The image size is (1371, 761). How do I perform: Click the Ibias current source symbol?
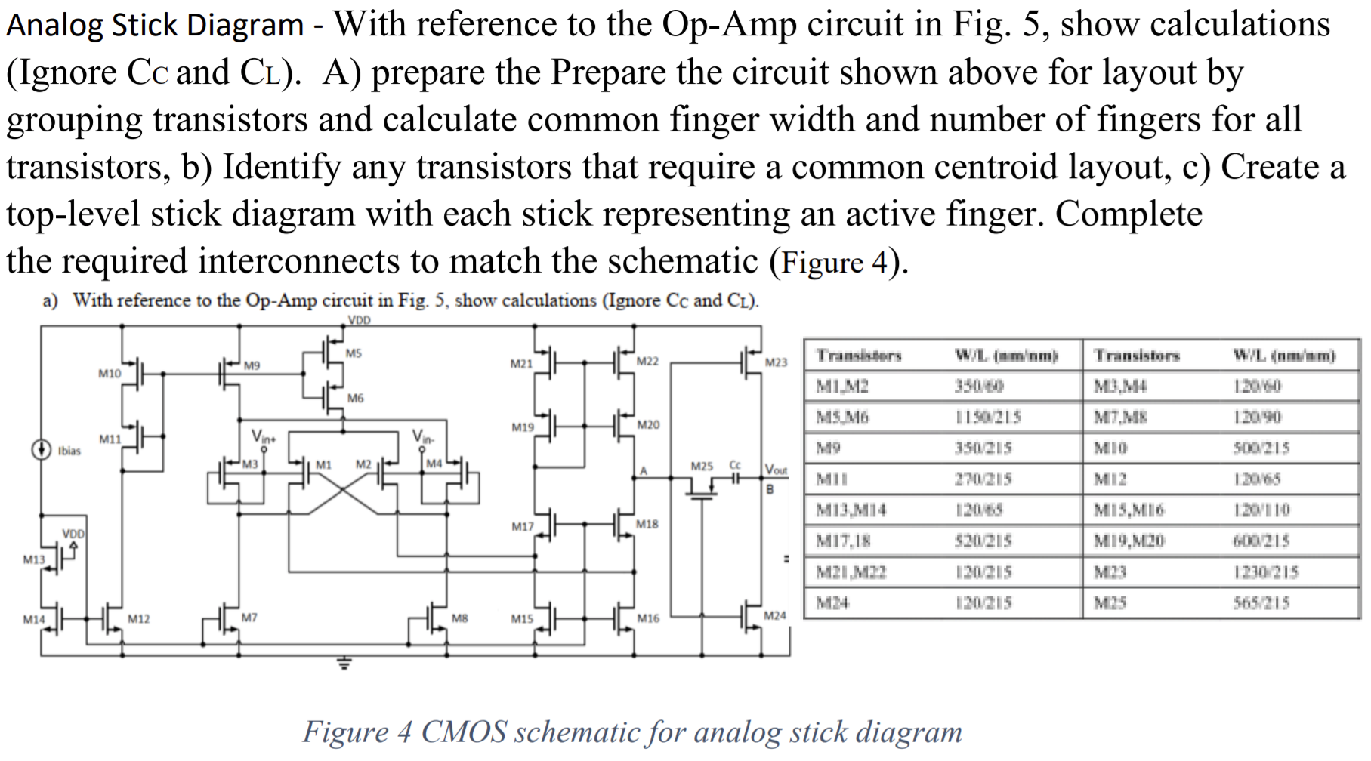(41, 450)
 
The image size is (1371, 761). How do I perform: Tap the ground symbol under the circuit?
(344, 664)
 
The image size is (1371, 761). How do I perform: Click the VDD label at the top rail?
(359, 320)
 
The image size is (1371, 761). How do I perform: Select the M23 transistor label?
(776, 362)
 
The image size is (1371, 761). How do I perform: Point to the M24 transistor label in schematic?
(774, 615)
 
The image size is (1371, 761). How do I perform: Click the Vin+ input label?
(264, 436)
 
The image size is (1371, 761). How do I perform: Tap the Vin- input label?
(423, 436)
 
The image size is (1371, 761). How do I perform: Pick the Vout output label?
(776, 470)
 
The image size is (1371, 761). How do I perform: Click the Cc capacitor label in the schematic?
(735, 465)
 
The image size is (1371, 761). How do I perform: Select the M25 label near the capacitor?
(702, 466)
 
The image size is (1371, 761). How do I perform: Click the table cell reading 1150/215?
(987, 417)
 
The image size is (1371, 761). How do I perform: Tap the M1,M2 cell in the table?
(842, 387)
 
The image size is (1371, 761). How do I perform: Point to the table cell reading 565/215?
(1261, 602)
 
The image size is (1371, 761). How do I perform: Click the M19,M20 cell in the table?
(1129, 541)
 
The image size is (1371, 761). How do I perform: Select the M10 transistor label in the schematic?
(110, 373)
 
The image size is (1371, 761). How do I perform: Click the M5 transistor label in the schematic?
(354, 353)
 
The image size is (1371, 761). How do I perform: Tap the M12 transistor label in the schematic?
(138, 619)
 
